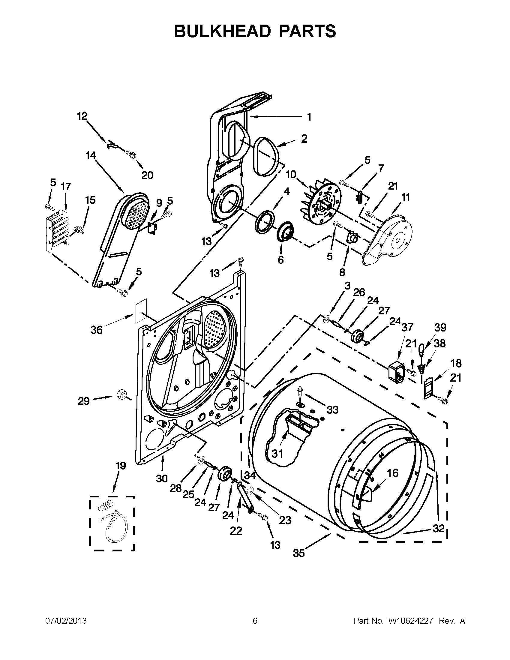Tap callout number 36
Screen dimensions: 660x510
(97, 330)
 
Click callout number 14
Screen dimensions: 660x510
(91, 155)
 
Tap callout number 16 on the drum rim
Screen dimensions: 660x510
(393, 473)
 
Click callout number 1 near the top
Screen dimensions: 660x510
(309, 117)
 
